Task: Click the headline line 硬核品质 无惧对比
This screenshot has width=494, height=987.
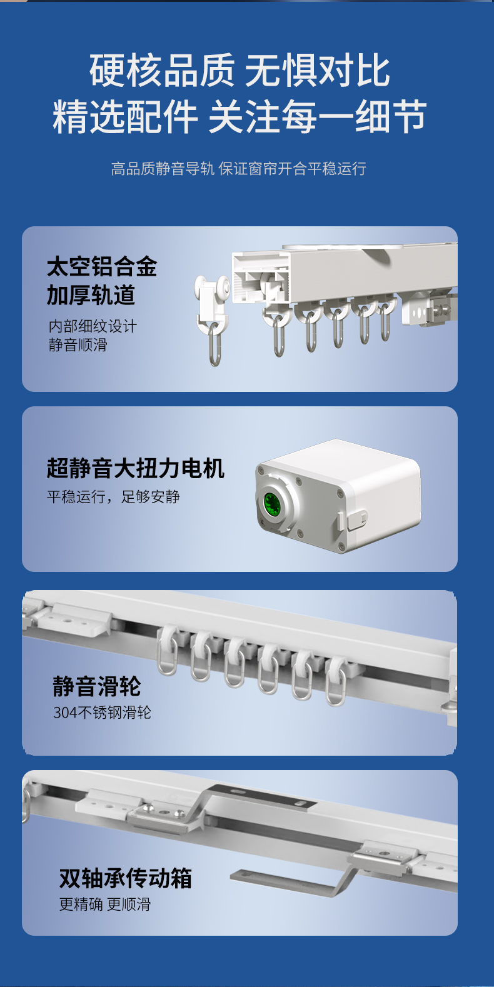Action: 239,71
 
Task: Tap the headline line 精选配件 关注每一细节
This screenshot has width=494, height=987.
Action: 239,116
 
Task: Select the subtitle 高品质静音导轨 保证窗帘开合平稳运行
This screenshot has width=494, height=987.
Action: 238,168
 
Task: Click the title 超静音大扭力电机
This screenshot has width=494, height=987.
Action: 136,468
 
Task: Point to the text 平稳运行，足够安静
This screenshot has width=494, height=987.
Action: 113,496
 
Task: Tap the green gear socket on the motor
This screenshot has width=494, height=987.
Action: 272,503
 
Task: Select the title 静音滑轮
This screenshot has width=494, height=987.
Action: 97,686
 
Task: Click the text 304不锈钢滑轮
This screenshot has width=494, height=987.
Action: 102,713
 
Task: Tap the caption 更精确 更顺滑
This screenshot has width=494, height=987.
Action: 105,904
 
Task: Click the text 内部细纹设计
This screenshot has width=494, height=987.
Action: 93,326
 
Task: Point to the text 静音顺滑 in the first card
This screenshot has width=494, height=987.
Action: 78,344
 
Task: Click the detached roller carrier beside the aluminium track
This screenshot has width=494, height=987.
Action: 213,319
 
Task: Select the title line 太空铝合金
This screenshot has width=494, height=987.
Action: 102,266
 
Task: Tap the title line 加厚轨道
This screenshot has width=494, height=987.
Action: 91,295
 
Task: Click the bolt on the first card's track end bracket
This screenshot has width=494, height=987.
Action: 441,308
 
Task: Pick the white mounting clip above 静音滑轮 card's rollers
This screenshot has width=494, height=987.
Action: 75,619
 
